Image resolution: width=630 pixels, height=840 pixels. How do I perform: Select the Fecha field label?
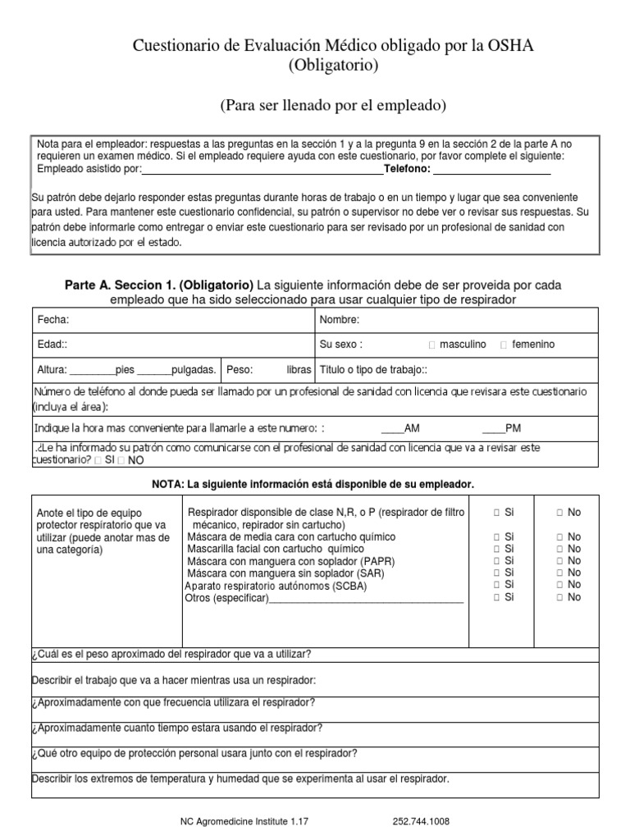tap(53, 319)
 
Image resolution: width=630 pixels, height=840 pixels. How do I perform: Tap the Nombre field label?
tap(340, 319)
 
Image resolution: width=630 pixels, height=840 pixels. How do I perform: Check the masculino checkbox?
tap(432, 345)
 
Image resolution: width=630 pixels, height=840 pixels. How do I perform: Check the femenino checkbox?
tap(504, 345)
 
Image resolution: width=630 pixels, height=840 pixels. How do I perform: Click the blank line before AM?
tap(393, 428)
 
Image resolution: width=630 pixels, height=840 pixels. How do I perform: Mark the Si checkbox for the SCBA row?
tap(497, 585)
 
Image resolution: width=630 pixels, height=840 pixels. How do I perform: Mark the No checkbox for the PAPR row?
tap(559, 560)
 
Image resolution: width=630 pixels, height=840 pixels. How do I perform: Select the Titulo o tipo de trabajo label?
tap(373, 369)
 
